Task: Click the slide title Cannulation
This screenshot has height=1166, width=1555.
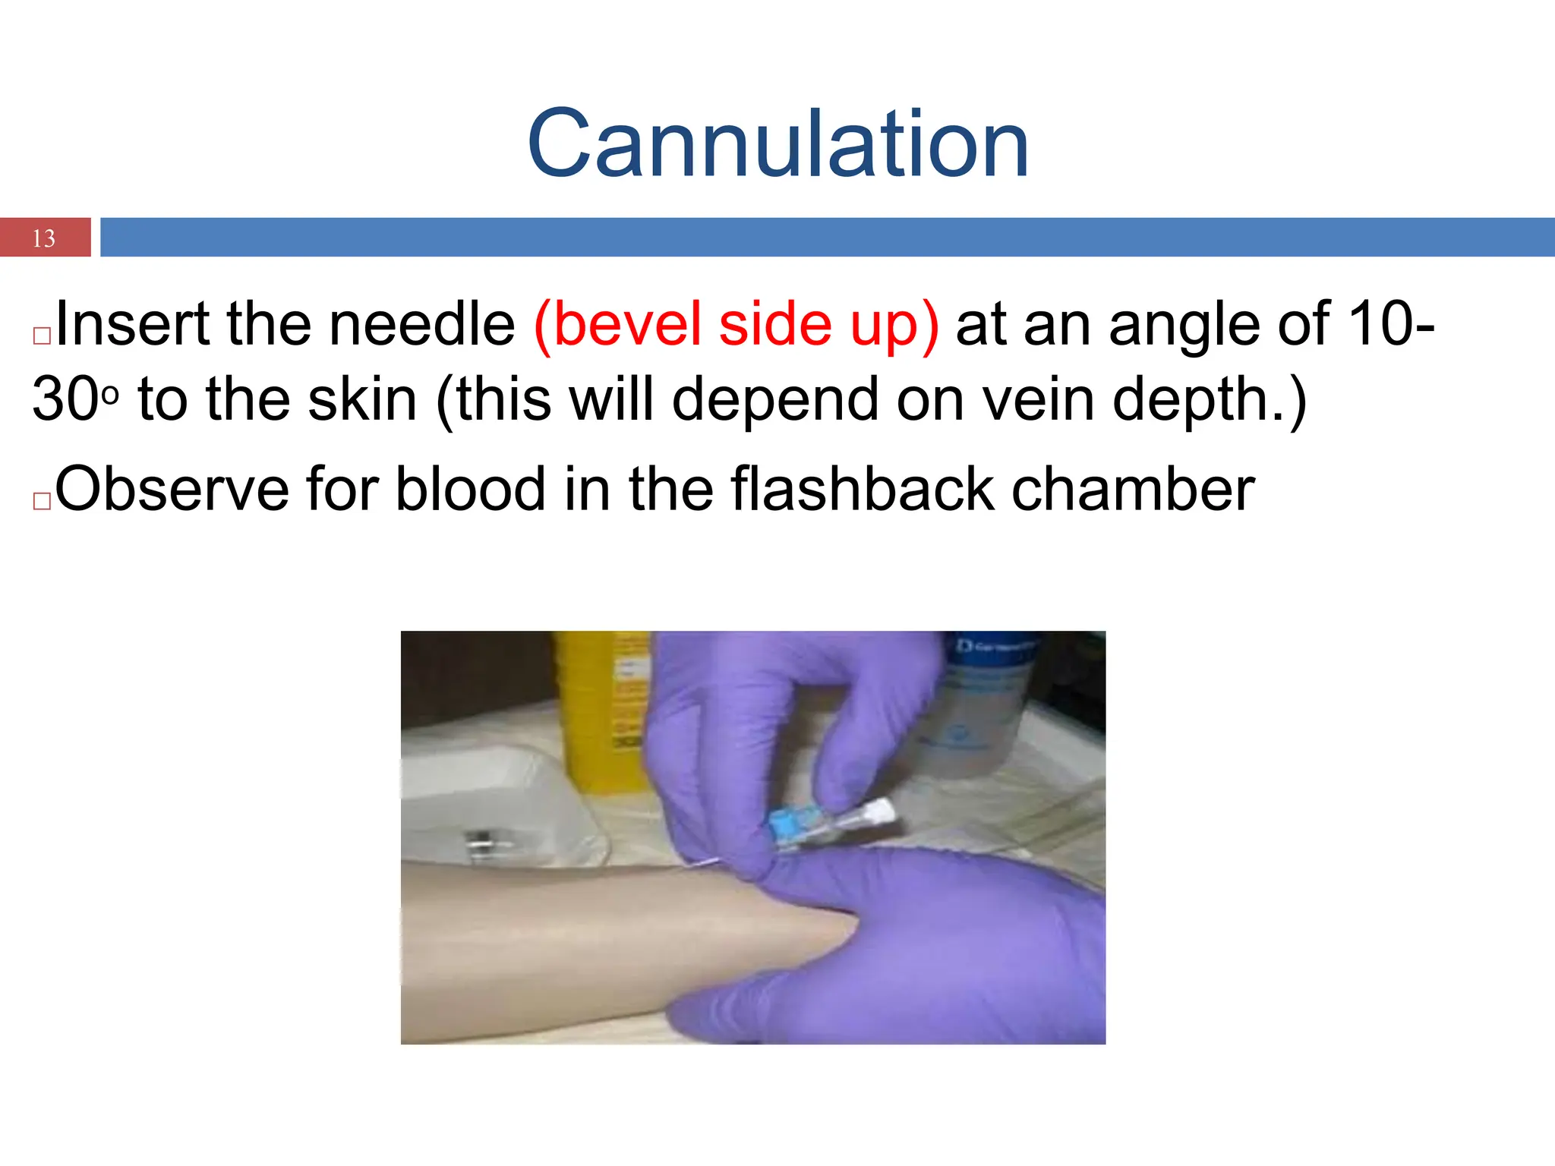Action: coord(777,143)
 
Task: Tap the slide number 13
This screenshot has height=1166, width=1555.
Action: coord(44,238)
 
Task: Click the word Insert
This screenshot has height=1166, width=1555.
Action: coord(132,324)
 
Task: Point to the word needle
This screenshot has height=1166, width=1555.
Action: coord(422,324)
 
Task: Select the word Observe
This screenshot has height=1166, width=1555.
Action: coord(172,490)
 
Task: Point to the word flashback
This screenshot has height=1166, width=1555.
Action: coord(863,490)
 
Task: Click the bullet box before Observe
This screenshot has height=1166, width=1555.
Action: coord(42,501)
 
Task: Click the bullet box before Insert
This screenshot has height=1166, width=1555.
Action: coord(42,336)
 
